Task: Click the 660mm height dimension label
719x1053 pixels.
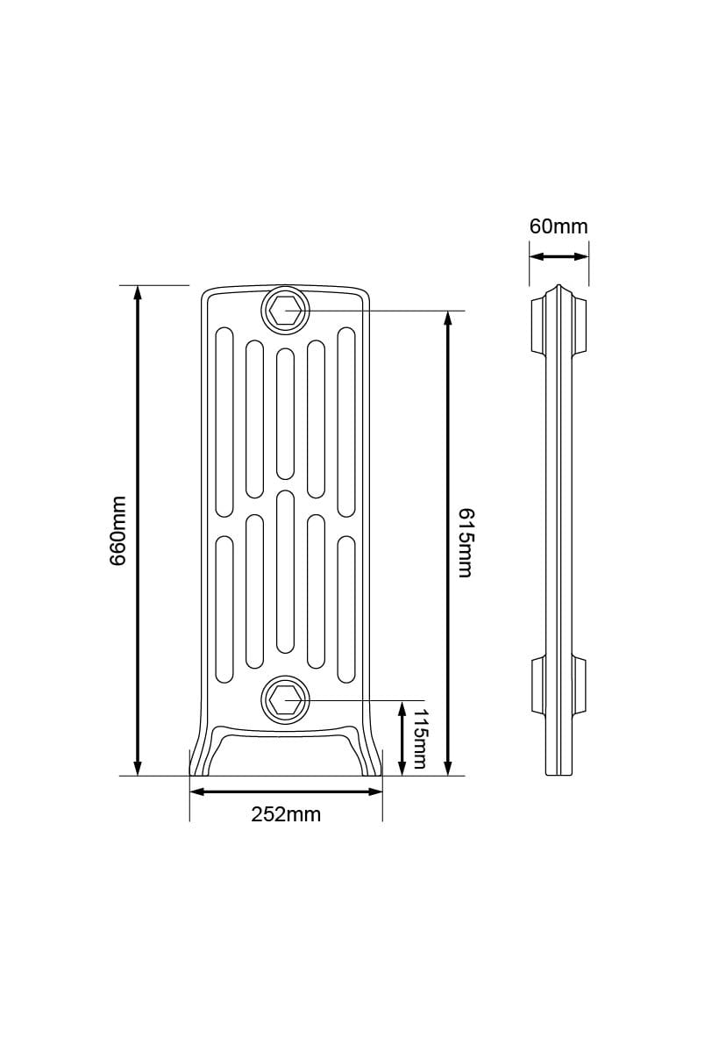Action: pos(118,531)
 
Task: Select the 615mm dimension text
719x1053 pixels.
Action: pos(465,541)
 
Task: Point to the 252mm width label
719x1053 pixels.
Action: pos(286,814)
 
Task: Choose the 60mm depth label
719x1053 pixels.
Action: pos(559,226)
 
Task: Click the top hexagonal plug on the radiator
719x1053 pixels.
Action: pos(285,311)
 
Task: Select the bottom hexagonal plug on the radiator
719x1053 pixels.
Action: pos(285,700)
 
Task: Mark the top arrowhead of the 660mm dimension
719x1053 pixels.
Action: pos(137,293)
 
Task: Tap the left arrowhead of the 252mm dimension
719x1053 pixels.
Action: pos(197,792)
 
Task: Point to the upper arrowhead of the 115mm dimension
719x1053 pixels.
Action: pos(402,707)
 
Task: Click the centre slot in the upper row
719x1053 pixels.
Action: pos(285,413)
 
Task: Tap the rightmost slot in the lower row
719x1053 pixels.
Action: pos(345,608)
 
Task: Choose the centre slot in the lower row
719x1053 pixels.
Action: pos(285,571)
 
